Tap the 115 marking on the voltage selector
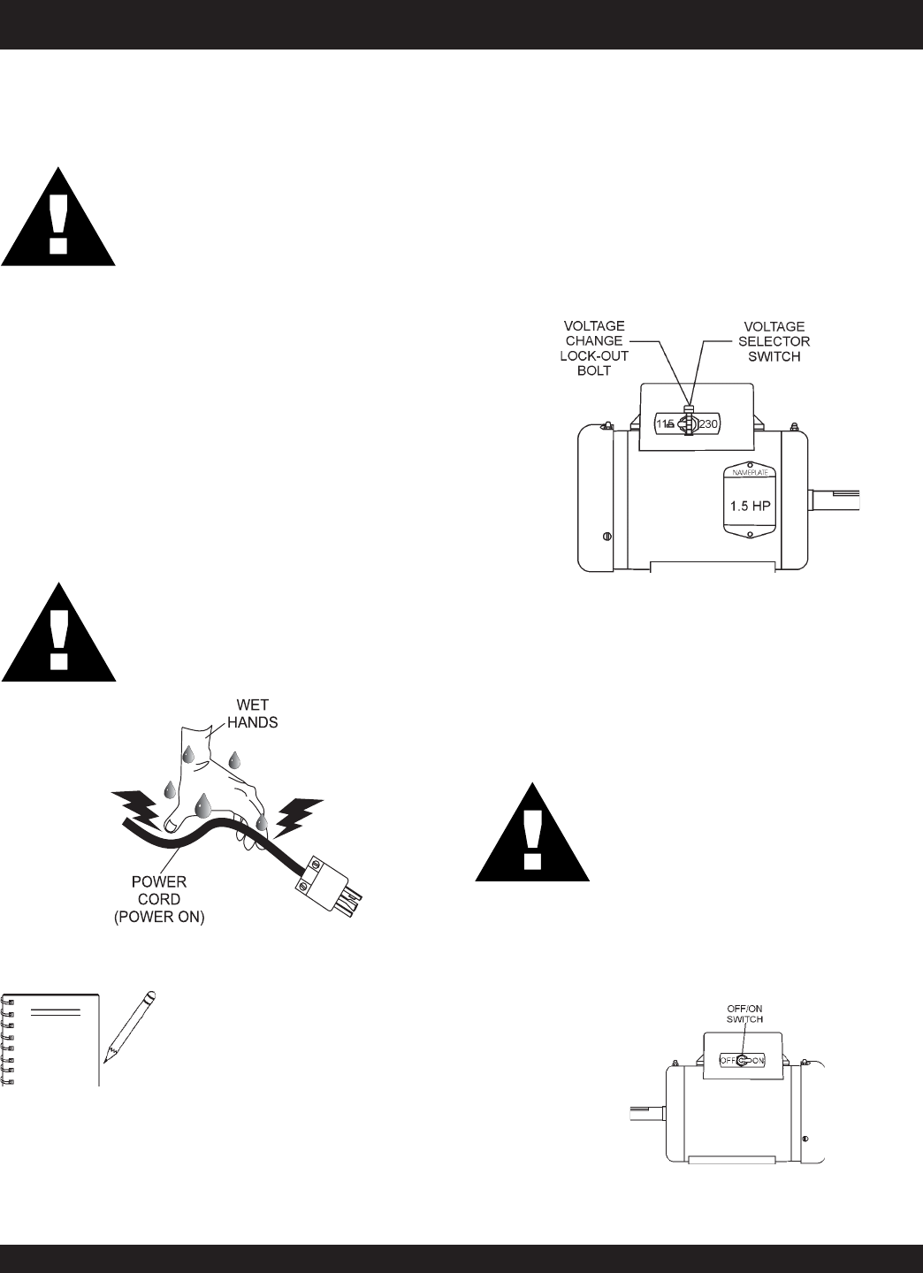[665, 424]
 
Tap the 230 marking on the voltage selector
[709, 424]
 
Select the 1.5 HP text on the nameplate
[749, 507]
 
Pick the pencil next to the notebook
[129, 1025]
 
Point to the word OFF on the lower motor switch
[727, 1059]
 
